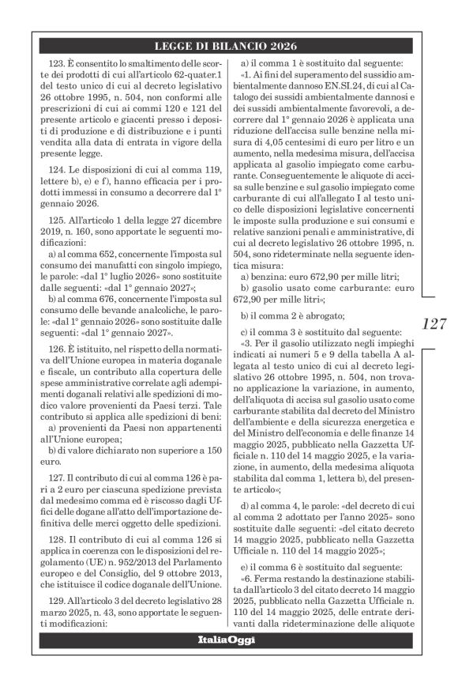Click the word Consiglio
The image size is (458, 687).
point(116,562)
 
